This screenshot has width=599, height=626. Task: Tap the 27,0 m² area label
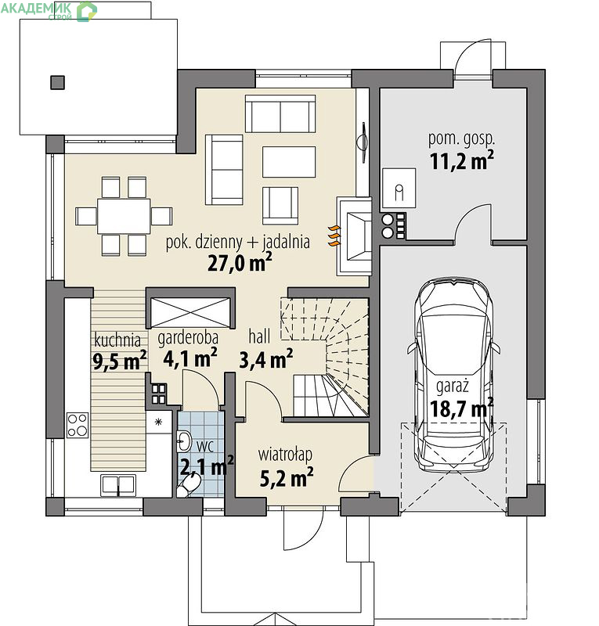[240, 263]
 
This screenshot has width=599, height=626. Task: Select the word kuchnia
[117, 340]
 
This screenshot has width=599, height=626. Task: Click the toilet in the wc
[189, 486]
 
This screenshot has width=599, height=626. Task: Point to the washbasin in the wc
[184, 441]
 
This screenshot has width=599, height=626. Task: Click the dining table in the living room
[124, 216]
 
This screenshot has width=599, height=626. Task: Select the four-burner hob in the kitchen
[78, 425]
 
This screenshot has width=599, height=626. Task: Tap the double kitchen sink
[118, 484]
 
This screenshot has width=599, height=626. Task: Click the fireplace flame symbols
[334, 236]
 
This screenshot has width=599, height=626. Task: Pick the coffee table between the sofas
[289, 162]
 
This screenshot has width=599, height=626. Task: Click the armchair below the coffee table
[280, 206]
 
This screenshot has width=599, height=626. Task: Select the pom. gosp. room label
[461, 139]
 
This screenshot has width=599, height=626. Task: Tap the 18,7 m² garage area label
[461, 408]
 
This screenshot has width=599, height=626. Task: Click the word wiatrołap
[285, 455]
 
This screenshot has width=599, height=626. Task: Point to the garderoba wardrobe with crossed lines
[190, 312]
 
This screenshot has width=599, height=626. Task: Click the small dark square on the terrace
[57, 83]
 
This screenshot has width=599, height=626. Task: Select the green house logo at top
[87, 11]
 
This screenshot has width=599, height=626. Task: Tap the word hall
[259, 336]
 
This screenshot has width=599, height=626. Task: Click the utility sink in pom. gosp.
[399, 188]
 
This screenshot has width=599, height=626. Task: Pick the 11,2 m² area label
[461, 161]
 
